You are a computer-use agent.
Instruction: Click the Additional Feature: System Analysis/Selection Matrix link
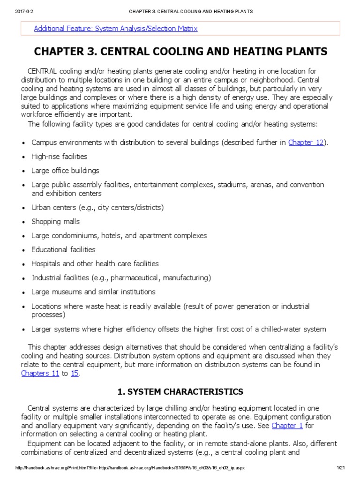(116, 29)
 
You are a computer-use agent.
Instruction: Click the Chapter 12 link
(306, 142)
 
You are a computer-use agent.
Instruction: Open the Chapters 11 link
(40, 373)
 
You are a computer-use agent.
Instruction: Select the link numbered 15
(75, 373)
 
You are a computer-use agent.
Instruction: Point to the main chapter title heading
(180, 51)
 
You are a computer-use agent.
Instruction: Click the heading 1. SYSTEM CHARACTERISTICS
(180, 391)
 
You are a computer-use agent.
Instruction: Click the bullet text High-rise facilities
(59, 157)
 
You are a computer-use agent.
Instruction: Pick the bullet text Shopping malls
(55, 221)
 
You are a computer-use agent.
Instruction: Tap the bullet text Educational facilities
(63, 249)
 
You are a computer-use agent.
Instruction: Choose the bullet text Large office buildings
(65, 171)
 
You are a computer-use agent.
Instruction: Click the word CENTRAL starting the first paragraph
(42, 71)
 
